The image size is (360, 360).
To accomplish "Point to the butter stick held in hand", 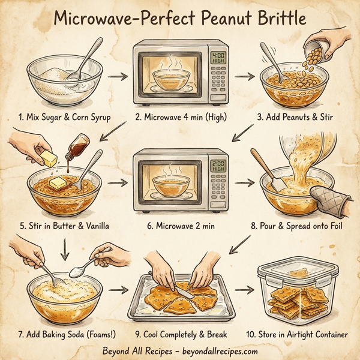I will [x=45, y=158].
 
